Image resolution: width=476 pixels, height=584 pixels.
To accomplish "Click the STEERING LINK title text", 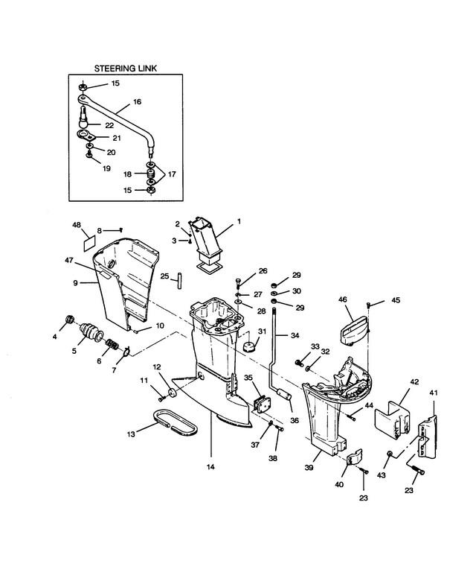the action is click(125, 69).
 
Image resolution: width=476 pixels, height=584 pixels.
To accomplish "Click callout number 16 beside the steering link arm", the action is click(137, 101).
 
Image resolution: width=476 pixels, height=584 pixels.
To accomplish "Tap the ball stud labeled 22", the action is click(84, 118).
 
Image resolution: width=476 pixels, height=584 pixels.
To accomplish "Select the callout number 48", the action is click(76, 225).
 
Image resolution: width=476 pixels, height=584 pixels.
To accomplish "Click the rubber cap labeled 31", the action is click(248, 347).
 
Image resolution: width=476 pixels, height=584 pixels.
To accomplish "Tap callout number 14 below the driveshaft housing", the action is click(211, 467).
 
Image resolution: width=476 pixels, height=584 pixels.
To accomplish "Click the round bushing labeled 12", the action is click(173, 393).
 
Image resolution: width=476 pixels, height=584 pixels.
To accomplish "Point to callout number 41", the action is click(434, 393).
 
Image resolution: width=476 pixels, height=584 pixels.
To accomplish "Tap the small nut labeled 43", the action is click(390, 453).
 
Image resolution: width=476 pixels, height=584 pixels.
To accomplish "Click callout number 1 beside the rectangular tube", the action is click(239, 221).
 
